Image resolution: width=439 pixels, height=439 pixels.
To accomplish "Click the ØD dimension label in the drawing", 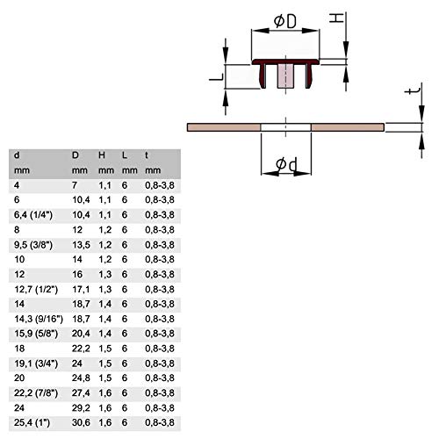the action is (x=285, y=21).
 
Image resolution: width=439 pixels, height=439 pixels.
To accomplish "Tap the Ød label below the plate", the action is (x=286, y=164).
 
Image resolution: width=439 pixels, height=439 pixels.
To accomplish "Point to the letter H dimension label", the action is (x=336, y=18).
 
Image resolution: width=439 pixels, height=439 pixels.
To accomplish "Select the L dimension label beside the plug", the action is (x=216, y=77).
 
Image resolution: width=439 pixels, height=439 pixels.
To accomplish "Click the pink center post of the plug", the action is (x=285, y=76).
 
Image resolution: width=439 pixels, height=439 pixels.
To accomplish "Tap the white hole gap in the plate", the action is (x=285, y=127).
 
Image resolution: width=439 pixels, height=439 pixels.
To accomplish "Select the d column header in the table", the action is (x=17, y=155).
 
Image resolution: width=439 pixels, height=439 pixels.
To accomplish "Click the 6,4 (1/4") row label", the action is (x=33, y=215).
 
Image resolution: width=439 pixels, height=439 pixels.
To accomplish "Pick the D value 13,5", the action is (x=81, y=245).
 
